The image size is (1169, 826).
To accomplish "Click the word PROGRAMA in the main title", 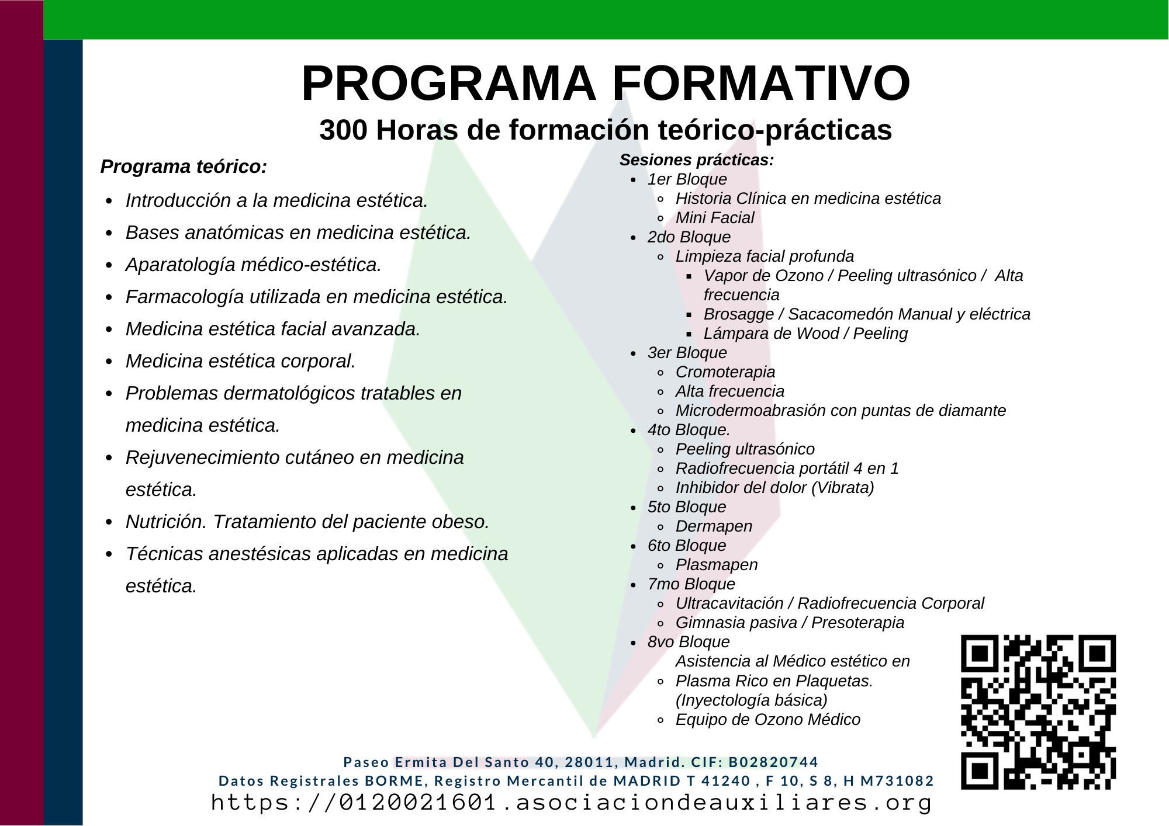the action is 448,84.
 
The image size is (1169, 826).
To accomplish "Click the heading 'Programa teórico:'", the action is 184,166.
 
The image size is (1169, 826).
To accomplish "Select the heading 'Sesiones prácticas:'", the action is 697,160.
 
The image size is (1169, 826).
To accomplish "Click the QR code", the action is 1038,712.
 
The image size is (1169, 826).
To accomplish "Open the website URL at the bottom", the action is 571,803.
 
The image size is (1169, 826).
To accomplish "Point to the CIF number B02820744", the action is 773,762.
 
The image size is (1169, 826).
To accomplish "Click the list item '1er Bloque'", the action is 687,179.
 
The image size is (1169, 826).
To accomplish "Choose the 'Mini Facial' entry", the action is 715,218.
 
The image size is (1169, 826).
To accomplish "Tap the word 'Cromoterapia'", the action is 725,372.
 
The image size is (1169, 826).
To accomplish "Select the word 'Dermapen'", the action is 714,526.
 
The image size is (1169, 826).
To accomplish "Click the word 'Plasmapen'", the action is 717,565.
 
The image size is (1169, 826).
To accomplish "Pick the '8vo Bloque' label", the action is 689,642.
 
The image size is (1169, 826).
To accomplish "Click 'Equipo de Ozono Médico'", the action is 768,720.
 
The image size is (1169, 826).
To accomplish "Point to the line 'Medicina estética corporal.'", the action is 241,362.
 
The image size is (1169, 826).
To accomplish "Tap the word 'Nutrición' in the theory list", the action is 166,522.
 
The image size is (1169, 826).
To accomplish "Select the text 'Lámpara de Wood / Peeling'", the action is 805,334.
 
